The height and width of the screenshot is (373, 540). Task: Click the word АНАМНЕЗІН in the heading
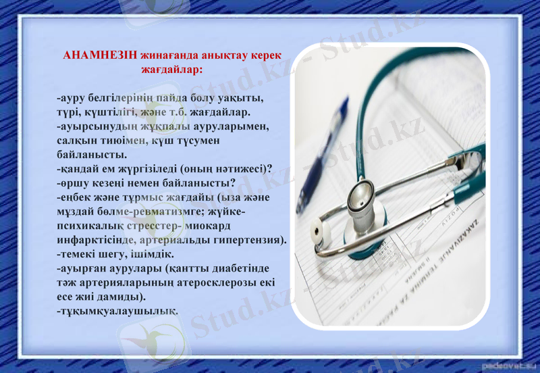(100, 55)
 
